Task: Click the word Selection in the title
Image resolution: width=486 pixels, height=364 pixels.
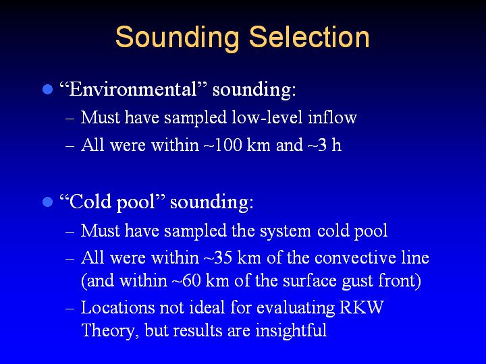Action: pos(309,37)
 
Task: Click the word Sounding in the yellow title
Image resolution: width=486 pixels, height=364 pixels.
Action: pos(178,38)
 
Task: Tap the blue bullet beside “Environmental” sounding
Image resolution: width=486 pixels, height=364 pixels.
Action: pos(47,90)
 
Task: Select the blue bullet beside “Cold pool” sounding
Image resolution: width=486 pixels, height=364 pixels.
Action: pos(47,202)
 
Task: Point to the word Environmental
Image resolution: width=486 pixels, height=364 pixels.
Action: pos(133,89)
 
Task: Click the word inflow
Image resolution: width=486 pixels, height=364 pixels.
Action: pos(332,117)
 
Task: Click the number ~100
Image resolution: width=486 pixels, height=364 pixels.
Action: pos(223,145)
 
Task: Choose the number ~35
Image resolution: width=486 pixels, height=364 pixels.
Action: pos(218,257)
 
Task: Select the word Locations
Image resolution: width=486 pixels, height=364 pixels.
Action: pos(117,307)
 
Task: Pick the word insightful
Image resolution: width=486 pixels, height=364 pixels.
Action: pos(291,330)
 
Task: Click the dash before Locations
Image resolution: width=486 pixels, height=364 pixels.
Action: pos(70,309)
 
